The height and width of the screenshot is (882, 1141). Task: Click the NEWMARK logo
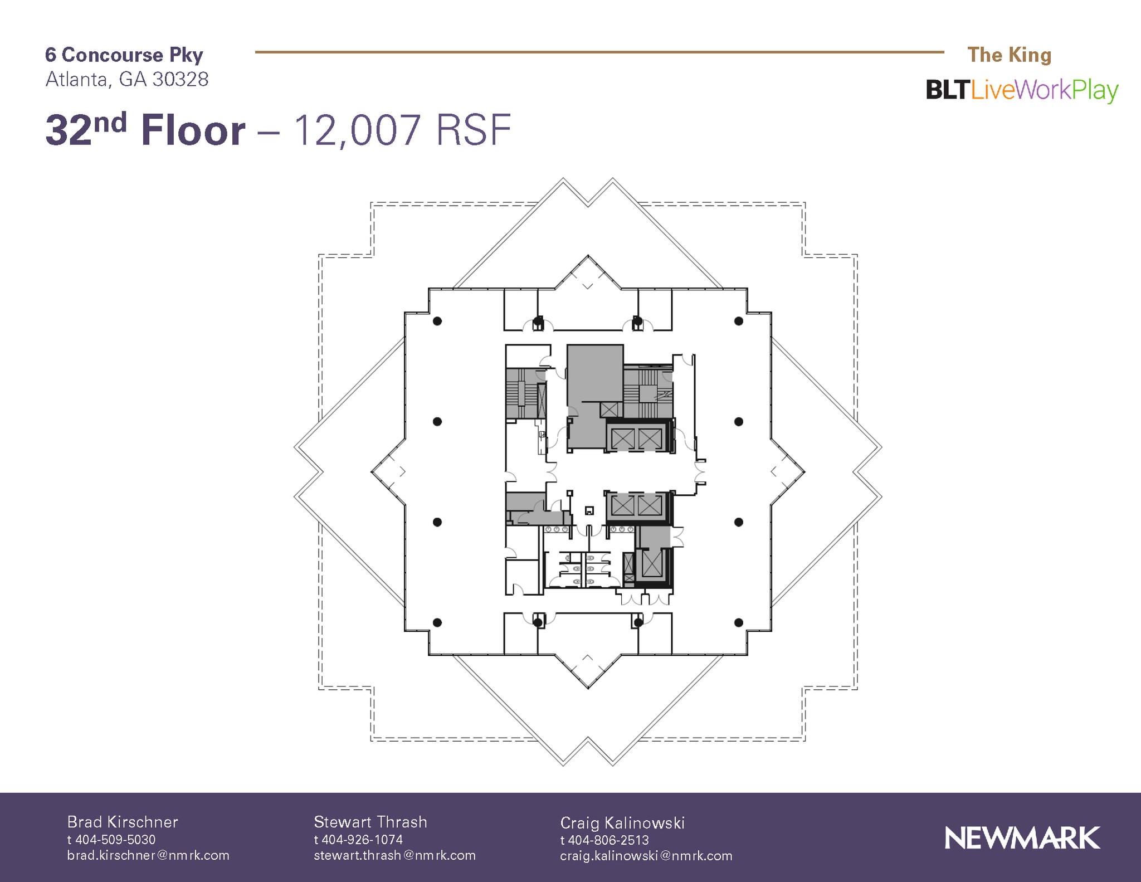pyautogui.click(x=1022, y=838)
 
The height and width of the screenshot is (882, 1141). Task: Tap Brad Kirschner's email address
pyautogui.click(x=148, y=855)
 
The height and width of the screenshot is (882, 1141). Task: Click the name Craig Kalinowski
pyautogui.click(x=622, y=823)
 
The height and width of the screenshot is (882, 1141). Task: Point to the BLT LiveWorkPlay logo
pyautogui.click(x=1021, y=90)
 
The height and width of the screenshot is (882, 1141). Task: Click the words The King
pyautogui.click(x=1009, y=55)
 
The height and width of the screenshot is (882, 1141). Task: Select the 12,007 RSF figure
pyautogui.click(x=402, y=130)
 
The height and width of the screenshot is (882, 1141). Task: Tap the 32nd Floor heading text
pyautogui.click(x=145, y=130)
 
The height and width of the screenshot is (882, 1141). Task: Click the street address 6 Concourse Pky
pyautogui.click(x=124, y=55)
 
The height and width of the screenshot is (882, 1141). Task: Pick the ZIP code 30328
pyautogui.click(x=181, y=80)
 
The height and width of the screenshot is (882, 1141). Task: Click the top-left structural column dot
pyautogui.click(x=437, y=321)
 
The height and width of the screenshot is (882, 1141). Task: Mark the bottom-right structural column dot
pyautogui.click(x=739, y=622)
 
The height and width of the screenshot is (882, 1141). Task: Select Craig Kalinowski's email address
pyautogui.click(x=646, y=856)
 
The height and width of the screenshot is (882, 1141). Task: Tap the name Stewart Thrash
pyautogui.click(x=370, y=822)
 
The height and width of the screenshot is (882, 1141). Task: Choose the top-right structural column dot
pyautogui.click(x=739, y=321)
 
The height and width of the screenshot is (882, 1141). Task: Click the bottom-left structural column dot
pyautogui.click(x=437, y=622)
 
